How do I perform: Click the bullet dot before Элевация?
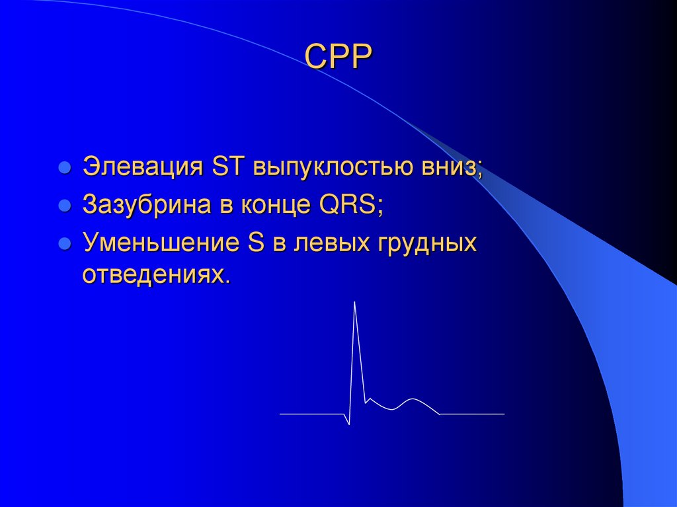65,168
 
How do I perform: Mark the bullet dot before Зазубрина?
65,206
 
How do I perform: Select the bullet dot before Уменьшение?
65,245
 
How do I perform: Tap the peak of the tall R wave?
355,302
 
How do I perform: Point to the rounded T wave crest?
413,399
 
